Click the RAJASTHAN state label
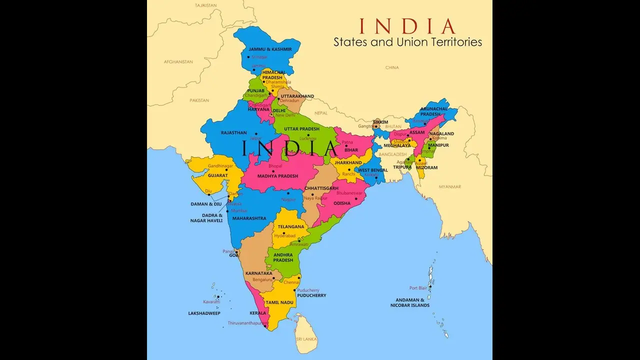(233, 132)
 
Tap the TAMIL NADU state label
(279, 302)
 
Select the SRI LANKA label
(306, 338)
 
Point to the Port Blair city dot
(429, 287)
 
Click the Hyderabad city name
(285, 235)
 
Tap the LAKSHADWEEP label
(204, 313)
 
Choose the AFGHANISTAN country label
(178, 61)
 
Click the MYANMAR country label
(450, 186)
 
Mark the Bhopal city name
(275, 165)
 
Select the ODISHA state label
(342, 203)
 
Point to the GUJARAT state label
(218, 175)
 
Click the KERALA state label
(258, 313)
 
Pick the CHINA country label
(392, 67)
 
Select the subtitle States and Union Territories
(407, 42)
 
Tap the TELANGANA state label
(291, 226)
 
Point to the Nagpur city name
(288, 199)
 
